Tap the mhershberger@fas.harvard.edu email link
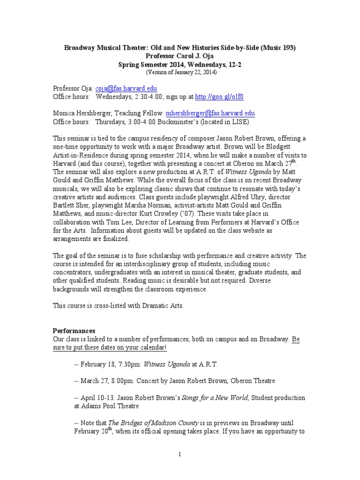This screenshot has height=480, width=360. (x=210, y=113)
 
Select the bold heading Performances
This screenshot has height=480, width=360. (x=74, y=330)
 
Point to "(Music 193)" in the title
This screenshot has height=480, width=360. (x=279, y=47)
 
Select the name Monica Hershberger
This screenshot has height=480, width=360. (x=82, y=113)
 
